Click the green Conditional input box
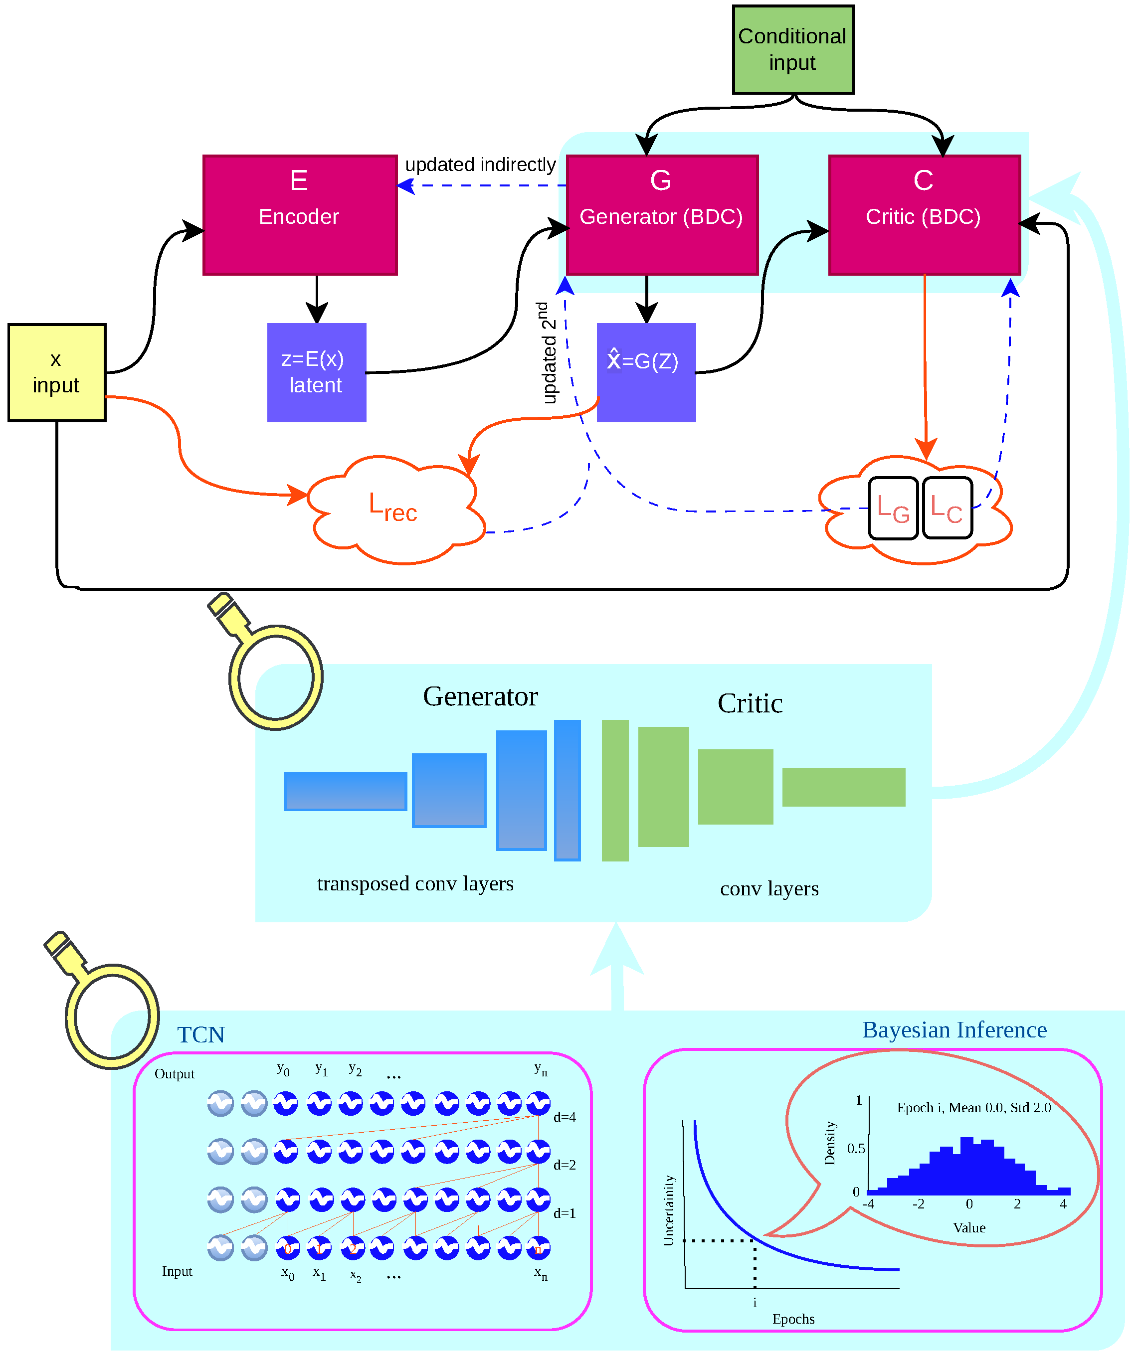click(x=793, y=50)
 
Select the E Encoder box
click(x=300, y=215)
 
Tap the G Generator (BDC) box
click(x=662, y=215)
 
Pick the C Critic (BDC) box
click(x=925, y=215)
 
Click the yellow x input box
click(x=56, y=372)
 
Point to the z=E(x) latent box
click(x=317, y=372)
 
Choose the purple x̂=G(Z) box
click(x=646, y=372)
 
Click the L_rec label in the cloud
click(x=393, y=507)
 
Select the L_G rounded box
click(x=893, y=508)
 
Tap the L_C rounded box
click(x=947, y=508)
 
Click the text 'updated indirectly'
click(x=480, y=165)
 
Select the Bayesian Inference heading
click(x=954, y=1030)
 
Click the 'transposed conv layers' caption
click(x=415, y=884)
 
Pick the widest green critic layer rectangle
click(x=843, y=787)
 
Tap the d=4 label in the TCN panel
click(x=564, y=1117)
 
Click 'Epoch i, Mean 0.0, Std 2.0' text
click(x=974, y=1108)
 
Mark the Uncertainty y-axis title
click(x=669, y=1211)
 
